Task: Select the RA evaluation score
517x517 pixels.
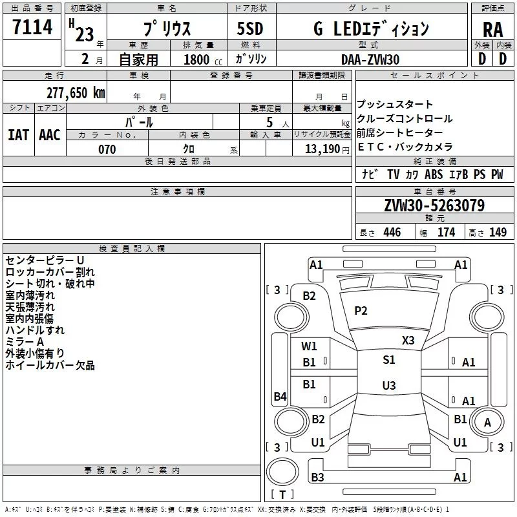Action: tap(492, 29)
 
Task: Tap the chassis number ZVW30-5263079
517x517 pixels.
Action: tap(434, 206)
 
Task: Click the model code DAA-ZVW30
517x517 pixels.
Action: tap(370, 59)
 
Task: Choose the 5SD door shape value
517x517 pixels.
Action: tap(249, 29)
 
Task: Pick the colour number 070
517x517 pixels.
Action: tap(107, 149)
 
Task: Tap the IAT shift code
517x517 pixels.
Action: tap(18, 134)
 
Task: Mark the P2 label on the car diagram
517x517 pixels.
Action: tap(361, 311)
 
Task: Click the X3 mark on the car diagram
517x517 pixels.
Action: tap(408, 340)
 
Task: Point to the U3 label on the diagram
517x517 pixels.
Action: tap(388, 386)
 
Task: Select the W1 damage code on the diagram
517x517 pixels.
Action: tap(310, 346)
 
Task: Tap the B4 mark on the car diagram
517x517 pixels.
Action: tap(280, 397)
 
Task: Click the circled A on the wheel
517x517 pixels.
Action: tap(487, 422)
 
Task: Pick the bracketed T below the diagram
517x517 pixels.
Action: tap(282, 494)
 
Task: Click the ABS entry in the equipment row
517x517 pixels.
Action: tap(434, 174)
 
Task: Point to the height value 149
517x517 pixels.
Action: tap(498, 233)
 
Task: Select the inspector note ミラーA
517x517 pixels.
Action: tap(25, 341)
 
